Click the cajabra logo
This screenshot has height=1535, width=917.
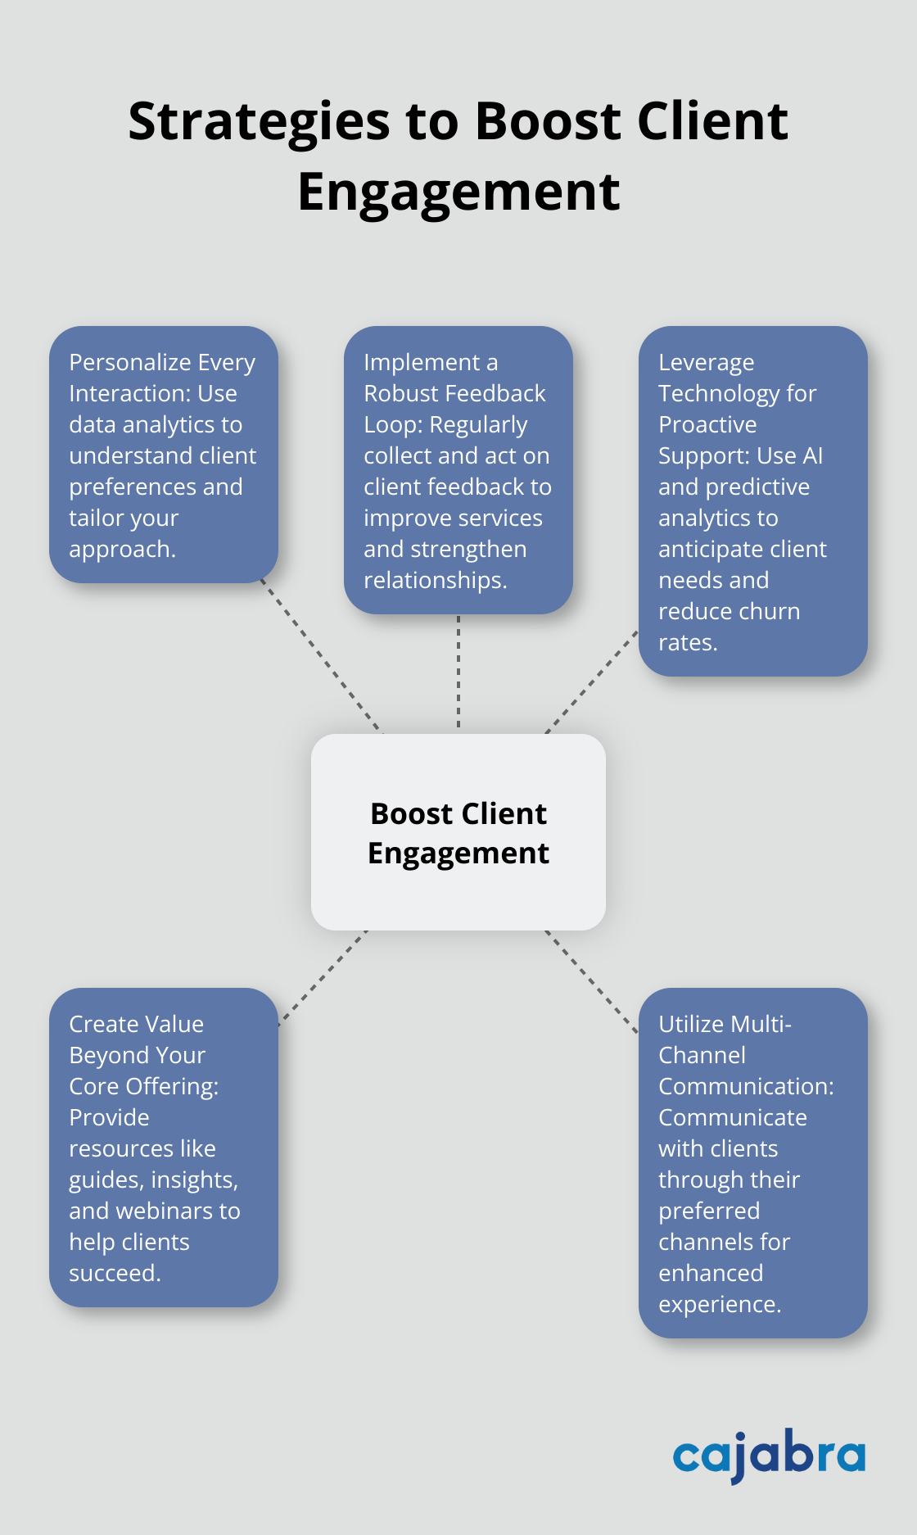(768, 1456)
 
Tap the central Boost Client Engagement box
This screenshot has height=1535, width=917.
(458, 832)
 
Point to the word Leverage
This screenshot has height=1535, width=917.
(706, 363)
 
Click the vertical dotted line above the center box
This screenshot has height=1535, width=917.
(458, 672)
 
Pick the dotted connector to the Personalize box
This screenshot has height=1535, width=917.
(321, 655)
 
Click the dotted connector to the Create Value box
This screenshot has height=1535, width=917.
(323, 976)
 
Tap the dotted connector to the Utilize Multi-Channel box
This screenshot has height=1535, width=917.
(591, 980)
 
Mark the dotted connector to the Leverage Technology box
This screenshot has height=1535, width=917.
(591, 681)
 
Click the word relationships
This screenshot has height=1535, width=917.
(435, 581)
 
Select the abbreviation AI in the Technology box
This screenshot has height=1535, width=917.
(812, 456)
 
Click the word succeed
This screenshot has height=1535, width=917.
(115, 1274)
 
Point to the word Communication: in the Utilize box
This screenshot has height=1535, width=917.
(746, 1086)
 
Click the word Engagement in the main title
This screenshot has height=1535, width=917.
(458, 193)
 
